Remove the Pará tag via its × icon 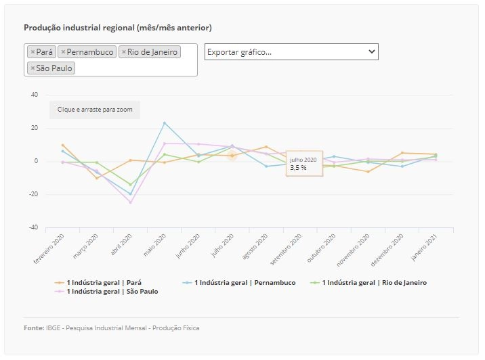(x=33, y=52)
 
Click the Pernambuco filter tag (x=87, y=52)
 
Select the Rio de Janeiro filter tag (x=150, y=52)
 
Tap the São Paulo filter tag (x=51, y=68)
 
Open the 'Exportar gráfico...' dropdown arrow (x=372, y=51)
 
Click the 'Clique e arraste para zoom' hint (x=95, y=110)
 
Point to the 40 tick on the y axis (x=35, y=95)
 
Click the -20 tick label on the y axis (x=33, y=194)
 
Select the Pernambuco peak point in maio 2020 (x=165, y=123)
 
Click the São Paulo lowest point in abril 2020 (x=130, y=203)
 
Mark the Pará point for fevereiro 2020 (x=62, y=145)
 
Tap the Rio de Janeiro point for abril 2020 (x=130, y=185)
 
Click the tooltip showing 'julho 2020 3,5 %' (x=304, y=164)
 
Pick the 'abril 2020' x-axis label (x=121, y=244)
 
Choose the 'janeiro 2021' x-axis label (x=424, y=247)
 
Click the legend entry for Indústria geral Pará (x=98, y=282)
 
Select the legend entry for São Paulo (x=106, y=292)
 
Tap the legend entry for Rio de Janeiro (x=368, y=282)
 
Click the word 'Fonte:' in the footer (x=34, y=328)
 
